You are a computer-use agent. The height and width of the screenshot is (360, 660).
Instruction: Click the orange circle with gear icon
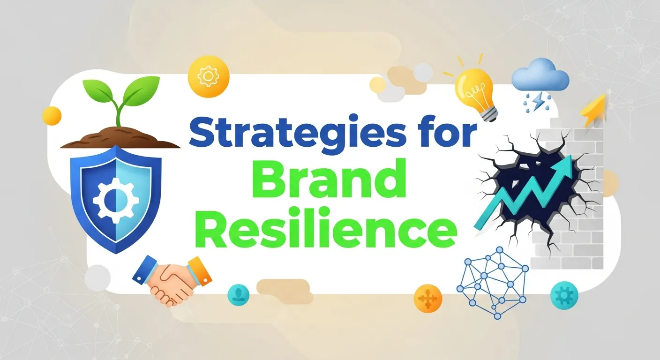point(208,75)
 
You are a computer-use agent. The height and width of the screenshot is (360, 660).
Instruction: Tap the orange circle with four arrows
point(427,297)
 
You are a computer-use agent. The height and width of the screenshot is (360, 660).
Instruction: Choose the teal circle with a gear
point(564,295)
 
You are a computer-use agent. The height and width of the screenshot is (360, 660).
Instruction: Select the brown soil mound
point(120,137)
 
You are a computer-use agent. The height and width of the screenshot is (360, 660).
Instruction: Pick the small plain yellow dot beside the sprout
point(52,115)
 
